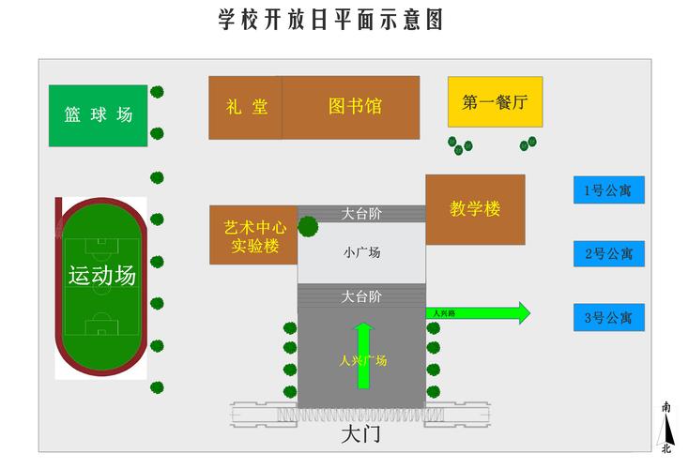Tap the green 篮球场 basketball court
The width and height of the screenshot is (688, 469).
pyautogui.click(x=99, y=115)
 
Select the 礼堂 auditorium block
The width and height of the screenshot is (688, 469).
pyautogui.click(x=245, y=107)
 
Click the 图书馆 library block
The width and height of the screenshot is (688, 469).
pyautogui.click(x=352, y=107)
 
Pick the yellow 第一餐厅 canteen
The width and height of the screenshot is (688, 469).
pyautogui.click(x=495, y=102)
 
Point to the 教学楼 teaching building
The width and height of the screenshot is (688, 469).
pyautogui.click(x=475, y=209)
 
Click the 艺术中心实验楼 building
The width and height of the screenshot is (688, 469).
pyautogui.click(x=253, y=235)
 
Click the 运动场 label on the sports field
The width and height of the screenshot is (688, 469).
pyautogui.click(x=101, y=276)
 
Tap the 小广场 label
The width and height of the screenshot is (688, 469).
pyautogui.click(x=361, y=252)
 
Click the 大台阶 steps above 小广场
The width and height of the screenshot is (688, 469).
pyautogui.click(x=361, y=214)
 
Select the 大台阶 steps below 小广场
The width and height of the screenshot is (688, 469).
pyautogui.click(x=361, y=296)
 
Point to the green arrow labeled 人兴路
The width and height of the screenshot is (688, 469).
pyautogui.click(x=479, y=313)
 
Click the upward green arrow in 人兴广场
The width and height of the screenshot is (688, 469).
pyautogui.click(x=364, y=355)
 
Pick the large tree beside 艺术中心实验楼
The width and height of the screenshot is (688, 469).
pyautogui.click(x=308, y=226)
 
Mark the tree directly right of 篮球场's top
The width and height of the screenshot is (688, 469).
pyautogui.click(x=157, y=92)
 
